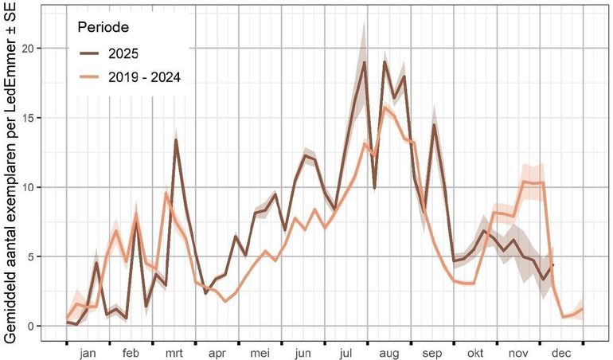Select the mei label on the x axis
[260, 351]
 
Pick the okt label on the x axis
[476, 351]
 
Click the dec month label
[562, 351]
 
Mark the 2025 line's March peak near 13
[176, 140]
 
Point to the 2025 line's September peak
[435, 125]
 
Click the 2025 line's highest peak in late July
[364, 62]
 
